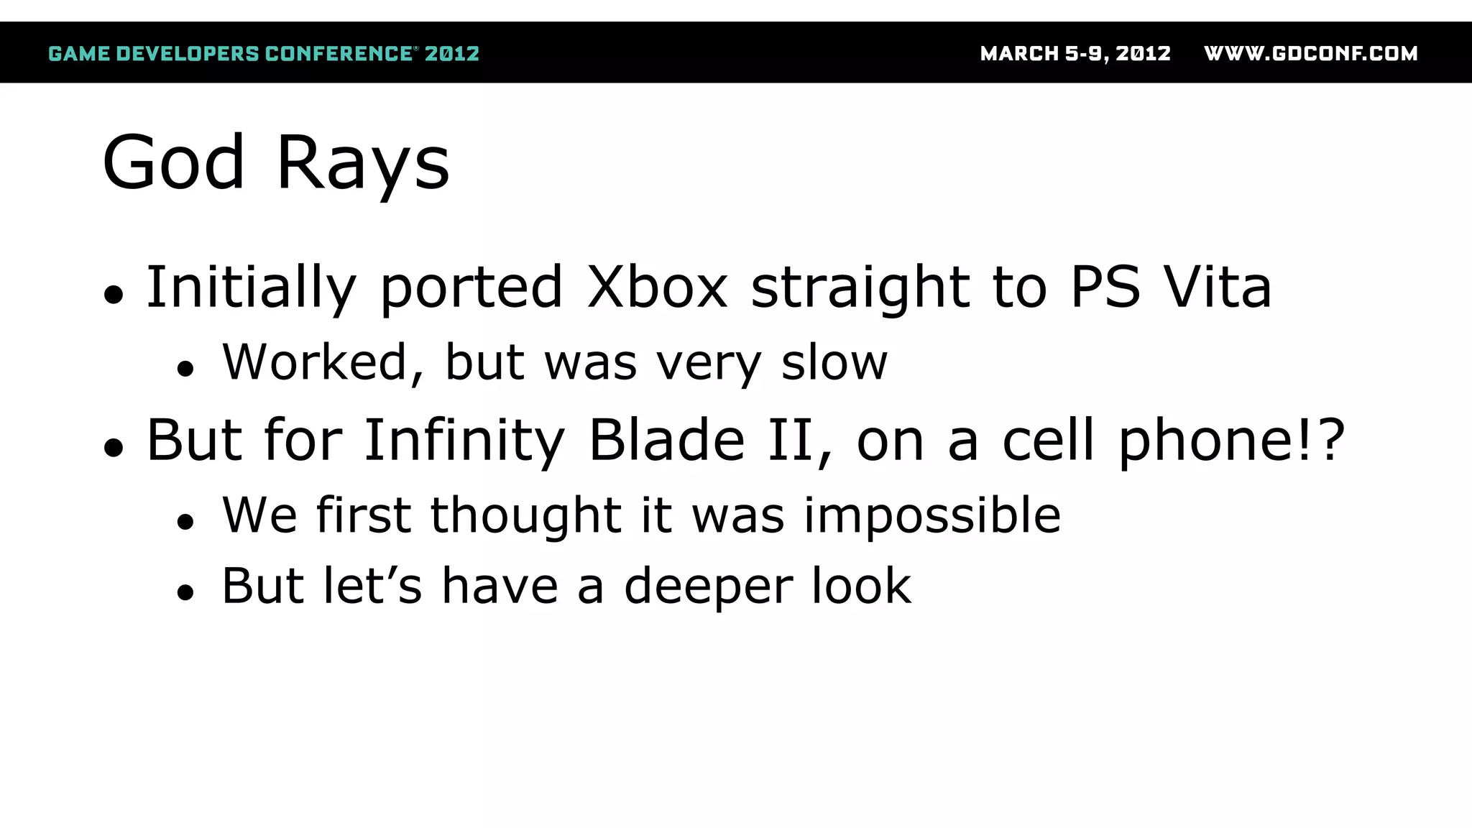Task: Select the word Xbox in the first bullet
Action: [x=657, y=287]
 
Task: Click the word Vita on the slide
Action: [x=1218, y=287]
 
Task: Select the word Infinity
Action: [x=464, y=441]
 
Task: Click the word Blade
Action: [x=666, y=441]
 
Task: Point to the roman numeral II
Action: [x=792, y=441]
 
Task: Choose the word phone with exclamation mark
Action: [x=1230, y=441]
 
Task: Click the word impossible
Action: [x=931, y=516]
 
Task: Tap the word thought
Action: [x=526, y=516]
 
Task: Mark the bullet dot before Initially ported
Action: [x=114, y=295]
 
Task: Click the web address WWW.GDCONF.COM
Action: [x=1310, y=54]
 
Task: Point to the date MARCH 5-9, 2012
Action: [x=1075, y=54]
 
